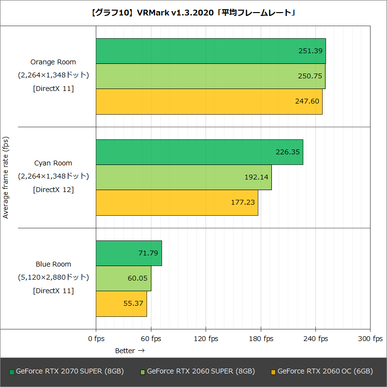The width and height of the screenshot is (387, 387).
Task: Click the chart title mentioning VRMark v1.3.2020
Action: [193, 13]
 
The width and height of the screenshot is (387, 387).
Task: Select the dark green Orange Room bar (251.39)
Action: [210, 51]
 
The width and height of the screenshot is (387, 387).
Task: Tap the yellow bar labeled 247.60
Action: [209, 102]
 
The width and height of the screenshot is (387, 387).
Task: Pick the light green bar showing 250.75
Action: [210, 76]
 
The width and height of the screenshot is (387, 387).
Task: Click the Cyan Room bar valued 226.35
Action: [199, 152]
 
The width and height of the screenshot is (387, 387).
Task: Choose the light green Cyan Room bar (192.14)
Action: [183, 177]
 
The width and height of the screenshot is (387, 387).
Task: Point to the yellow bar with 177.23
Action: [177, 202]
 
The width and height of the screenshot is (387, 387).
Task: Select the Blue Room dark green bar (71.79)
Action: [129, 253]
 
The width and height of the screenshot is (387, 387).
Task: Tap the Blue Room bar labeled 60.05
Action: [123, 278]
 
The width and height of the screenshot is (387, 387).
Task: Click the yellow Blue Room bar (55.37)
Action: [121, 303]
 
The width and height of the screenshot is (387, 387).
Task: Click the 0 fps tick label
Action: [96, 339]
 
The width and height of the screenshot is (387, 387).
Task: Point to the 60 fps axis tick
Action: [151, 339]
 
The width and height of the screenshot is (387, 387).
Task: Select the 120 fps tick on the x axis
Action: [206, 339]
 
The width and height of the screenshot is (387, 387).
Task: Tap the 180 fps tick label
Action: [261, 339]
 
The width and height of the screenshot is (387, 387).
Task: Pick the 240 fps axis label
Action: [315, 339]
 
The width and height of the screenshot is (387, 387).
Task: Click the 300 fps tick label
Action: [370, 339]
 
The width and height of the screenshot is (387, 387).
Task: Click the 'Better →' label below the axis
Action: [130, 350]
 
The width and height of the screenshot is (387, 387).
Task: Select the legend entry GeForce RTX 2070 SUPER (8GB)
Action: [67, 372]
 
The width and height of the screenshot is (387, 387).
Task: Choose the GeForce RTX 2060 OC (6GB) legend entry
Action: [322, 372]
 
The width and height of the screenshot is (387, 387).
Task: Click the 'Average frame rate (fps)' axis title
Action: [6, 178]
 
